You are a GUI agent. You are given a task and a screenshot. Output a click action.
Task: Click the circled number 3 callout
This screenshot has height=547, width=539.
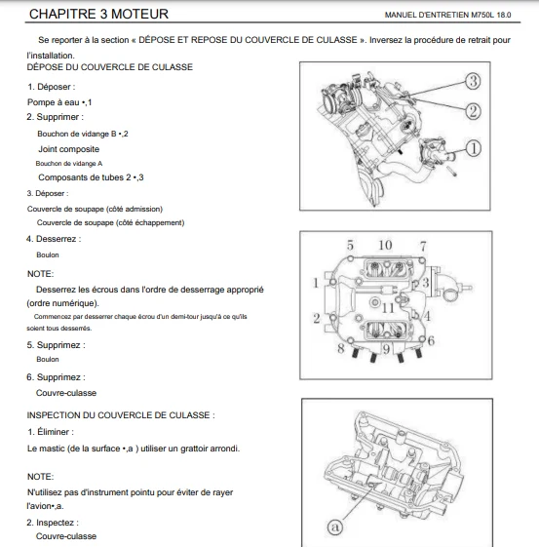coord(473,81)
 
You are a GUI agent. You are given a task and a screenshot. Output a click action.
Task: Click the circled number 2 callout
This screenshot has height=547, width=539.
coord(473,111)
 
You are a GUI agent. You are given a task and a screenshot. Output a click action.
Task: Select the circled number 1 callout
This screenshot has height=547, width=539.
coord(474,148)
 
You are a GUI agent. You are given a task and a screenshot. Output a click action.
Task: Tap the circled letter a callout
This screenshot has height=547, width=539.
coord(335,527)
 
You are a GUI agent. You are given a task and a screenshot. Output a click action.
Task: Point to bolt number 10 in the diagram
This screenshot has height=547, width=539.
coord(385,246)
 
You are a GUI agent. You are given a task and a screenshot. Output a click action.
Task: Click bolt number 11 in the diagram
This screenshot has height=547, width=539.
coord(388,308)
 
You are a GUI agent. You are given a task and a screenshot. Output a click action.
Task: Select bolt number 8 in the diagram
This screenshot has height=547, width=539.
coord(341,348)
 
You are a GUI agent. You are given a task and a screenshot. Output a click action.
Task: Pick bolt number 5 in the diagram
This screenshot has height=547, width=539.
coord(350,246)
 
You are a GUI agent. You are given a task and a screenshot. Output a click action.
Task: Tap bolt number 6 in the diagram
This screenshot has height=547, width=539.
coord(431,340)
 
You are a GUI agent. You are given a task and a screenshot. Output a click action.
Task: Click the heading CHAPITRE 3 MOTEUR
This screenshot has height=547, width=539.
coord(98,14)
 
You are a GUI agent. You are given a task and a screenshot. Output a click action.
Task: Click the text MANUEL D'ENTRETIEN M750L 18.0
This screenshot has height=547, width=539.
coord(447,15)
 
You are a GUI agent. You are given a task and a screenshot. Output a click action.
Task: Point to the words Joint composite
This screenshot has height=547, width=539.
coord(68,149)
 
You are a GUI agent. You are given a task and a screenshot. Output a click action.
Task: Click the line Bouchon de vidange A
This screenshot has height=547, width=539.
coord(69,163)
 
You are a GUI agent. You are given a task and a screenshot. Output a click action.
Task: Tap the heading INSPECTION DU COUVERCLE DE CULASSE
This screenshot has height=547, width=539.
coord(121,415)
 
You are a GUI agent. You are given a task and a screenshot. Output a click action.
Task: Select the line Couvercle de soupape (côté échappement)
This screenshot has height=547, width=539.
coord(110,222)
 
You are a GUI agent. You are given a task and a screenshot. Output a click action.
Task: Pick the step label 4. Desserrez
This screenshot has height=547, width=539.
coord(54,239)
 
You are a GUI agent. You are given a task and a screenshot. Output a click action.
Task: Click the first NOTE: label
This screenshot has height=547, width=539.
coord(40,274)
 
